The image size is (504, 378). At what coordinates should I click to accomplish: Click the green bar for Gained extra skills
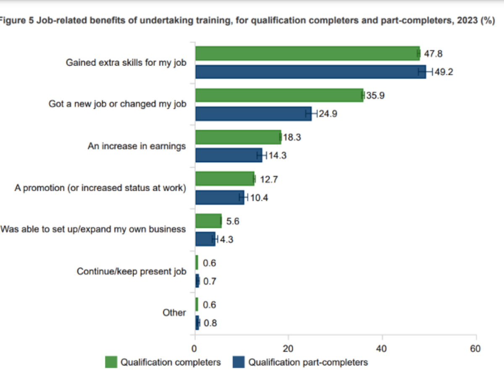[307, 53]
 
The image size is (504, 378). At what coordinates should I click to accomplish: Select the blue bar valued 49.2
[310, 71]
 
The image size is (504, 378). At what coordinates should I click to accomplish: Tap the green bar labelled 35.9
[279, 95]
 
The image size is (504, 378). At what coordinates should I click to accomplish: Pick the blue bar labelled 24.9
[253, 113]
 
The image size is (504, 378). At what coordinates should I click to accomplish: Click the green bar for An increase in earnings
[238, 137]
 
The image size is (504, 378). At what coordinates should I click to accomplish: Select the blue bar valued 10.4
[219, 197]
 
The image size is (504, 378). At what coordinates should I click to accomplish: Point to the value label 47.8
[433, 54]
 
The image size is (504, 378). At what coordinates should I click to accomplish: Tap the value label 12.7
[269, 180]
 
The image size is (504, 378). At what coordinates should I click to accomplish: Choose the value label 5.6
[233, 221]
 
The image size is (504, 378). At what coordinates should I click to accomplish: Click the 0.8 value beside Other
[210, 323]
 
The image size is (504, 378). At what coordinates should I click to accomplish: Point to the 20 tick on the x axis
[288, 349]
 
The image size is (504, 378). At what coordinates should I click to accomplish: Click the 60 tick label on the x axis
[475, 349]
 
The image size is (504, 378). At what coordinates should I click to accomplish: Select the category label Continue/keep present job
[131, 271]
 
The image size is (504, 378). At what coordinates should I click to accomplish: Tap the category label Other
[174, 313]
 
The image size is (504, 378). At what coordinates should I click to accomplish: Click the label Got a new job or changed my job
[117, 104]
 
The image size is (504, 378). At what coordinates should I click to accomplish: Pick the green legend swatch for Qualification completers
[111, 362]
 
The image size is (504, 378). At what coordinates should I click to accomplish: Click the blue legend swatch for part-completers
[239, 362]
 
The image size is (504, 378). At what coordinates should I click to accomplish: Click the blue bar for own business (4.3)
[205, 239]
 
